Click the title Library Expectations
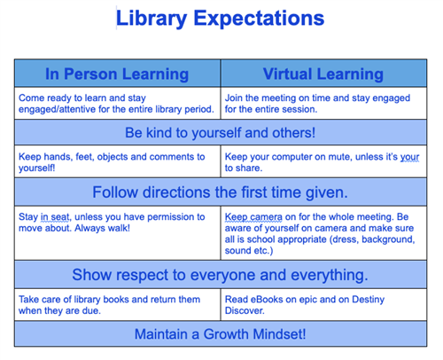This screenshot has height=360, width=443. pos(221,19)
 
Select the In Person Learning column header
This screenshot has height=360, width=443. pos(117,74)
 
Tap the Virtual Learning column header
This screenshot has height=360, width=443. pos(323,74)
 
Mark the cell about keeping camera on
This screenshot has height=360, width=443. pos(323,232)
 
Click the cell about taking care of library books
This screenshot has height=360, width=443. pos(117,304)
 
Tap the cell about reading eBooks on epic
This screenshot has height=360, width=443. pos(323,304)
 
